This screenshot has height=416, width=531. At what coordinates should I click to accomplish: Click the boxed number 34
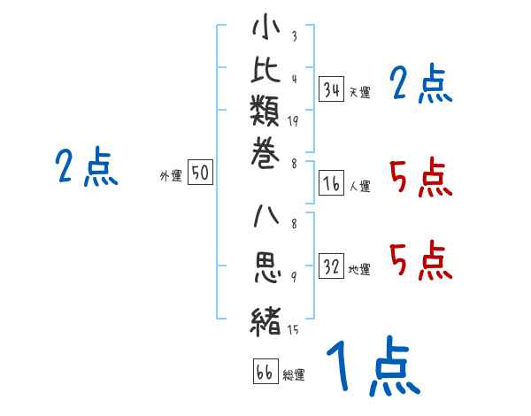[x=332, y=89]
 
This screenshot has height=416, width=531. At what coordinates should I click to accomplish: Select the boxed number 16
[x=332, y=183]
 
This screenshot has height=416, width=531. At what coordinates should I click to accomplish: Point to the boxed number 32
[x=332, y=267]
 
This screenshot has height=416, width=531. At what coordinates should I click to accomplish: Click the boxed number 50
[x=200, y=174]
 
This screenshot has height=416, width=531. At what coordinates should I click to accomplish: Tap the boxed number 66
[x=264, y=373]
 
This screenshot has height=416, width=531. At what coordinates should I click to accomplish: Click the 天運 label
[x=359, y=92]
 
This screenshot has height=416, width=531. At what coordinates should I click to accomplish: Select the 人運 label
[x=359, y=187]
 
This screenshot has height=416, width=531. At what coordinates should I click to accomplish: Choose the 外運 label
[x=171, y=177]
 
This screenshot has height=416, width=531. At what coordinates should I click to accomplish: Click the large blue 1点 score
[x=372, y=367]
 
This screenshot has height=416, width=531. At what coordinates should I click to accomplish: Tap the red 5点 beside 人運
[x=420, y=179]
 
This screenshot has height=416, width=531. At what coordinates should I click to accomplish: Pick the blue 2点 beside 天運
[x=420, y=85]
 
